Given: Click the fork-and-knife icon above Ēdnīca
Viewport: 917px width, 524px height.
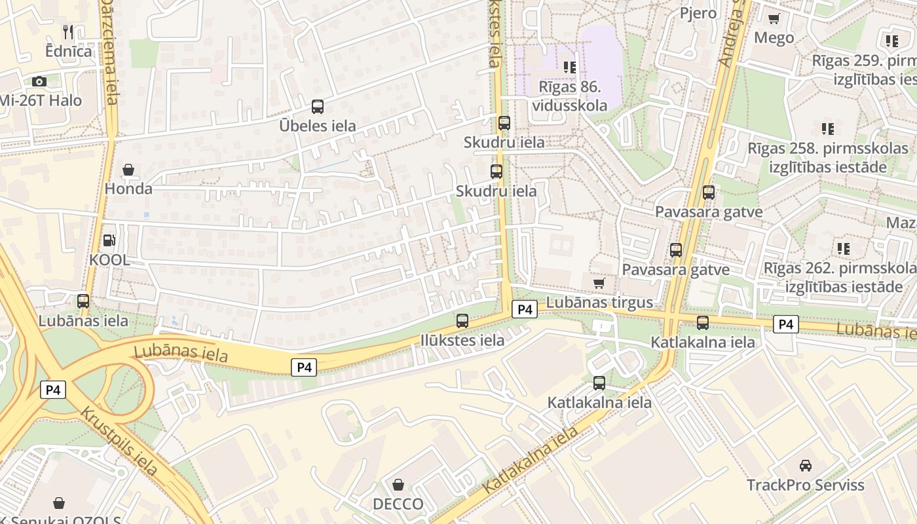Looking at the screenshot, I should [x=68, y=31].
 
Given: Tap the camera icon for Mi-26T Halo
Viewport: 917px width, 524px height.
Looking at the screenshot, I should [x=39, y=81].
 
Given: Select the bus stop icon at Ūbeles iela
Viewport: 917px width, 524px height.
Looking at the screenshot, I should [x=318, y=106].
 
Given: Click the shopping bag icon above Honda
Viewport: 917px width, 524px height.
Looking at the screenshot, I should [x=128, y=170].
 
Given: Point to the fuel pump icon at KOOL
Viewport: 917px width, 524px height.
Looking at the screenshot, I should [x=109, y=240].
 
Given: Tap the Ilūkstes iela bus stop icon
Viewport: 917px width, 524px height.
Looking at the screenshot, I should [x=462, y=320].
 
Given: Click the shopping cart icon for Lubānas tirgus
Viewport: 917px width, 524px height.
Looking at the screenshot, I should [x=599, y=283].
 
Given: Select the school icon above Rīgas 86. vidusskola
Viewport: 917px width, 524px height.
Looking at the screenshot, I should [x=570, y=67].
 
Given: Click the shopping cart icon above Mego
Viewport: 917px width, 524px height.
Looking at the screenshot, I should [x=774, y=18].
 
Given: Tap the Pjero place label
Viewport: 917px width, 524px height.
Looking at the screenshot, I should [x=698, y=13].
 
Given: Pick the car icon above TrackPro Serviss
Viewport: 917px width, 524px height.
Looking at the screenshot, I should [x=806, y=465].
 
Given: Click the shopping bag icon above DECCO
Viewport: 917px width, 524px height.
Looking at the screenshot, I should [x=398, y=485].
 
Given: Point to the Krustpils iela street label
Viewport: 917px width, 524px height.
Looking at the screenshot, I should [x=119, y=441].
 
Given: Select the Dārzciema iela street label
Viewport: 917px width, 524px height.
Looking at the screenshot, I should [x=109, y=52].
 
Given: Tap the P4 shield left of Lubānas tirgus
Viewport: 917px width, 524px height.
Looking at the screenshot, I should [x=524, y=309].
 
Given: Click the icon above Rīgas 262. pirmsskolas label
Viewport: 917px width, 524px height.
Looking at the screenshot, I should [x=843, y=248].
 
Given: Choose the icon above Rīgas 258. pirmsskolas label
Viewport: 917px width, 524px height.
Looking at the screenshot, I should [x=828, y=128].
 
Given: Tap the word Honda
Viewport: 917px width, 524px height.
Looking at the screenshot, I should [x=128, y=189].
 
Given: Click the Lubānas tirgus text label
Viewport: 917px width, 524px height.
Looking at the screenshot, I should [x=599, y=303].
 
